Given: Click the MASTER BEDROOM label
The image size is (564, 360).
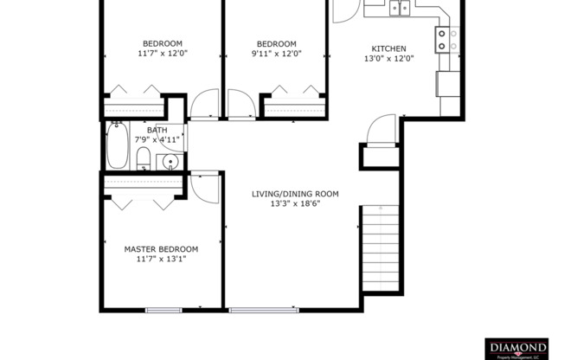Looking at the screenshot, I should point(161,248).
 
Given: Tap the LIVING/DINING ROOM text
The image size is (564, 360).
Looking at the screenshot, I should point(295,194).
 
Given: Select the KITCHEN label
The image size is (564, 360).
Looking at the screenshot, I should point(388,48).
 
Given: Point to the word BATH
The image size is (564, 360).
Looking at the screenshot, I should point(157,130).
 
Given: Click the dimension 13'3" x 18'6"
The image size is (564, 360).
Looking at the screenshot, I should point(295,205).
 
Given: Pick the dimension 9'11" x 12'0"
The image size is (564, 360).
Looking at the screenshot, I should point(277,54).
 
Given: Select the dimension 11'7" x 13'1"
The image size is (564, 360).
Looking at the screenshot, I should point(161,259).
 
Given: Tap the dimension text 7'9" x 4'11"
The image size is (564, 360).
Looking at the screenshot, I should point(157,139).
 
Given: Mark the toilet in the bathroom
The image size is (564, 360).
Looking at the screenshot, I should point(144,159).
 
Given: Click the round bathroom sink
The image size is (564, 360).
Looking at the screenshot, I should point(170,161).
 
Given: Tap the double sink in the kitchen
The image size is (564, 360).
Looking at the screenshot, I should point(399,8).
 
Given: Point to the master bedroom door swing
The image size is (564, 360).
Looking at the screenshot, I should point(205,185).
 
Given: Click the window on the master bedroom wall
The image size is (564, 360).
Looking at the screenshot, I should point(163,309).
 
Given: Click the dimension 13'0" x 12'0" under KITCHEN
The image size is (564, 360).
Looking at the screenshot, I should point(388,59).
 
